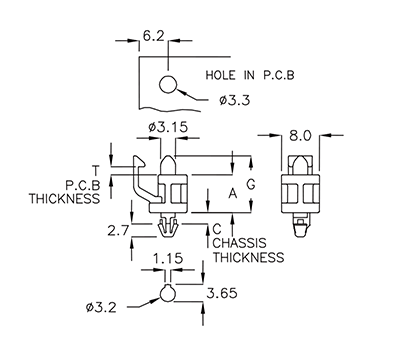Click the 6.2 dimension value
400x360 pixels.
click(x=153, y=35)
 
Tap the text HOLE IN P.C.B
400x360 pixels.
click(x=251, y=75)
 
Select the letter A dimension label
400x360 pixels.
click(x=233, y=193)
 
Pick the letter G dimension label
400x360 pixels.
click(x=254, y=184)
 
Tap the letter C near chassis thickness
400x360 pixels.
click(x=216, y=228)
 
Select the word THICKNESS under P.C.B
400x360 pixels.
click(x=64, y=198)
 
